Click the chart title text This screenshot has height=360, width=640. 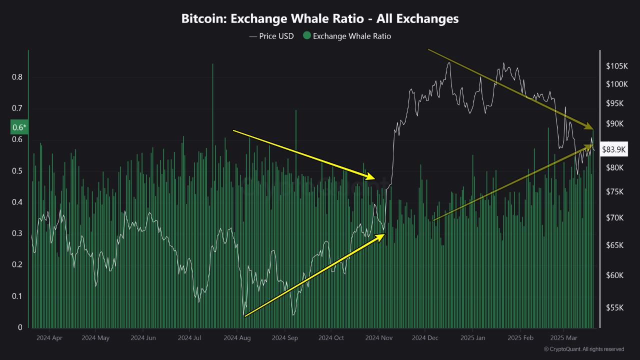click(320, 19)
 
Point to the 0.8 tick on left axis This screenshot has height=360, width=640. click(17, 77)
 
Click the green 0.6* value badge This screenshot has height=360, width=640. click(18, 127)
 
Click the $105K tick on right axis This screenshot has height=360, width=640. click(616, 66)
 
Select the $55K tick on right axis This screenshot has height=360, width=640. click(615, 308)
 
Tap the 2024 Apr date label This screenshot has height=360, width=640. click(49, 338)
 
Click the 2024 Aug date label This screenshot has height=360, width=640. click(237, 338)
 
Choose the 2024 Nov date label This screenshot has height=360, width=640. click(379, 338)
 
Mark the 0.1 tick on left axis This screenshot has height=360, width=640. click(17, 296)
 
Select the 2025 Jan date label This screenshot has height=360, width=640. click(473, 338)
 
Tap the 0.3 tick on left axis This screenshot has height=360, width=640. click(17, 233)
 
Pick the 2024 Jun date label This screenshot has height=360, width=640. click(143, 338)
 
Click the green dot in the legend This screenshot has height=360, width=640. click(307, 36)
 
